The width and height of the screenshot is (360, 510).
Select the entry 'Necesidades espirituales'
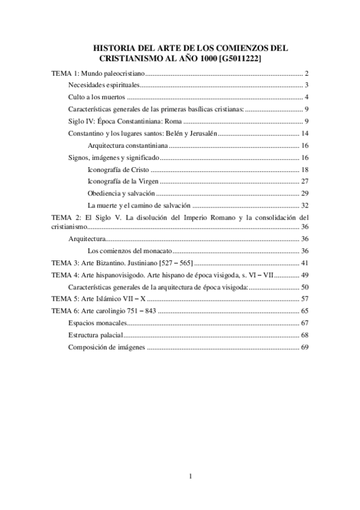pos(103,85)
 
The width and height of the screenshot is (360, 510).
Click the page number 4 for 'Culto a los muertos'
pos(306,97)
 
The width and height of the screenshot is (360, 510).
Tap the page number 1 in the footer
pos(191,477)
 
